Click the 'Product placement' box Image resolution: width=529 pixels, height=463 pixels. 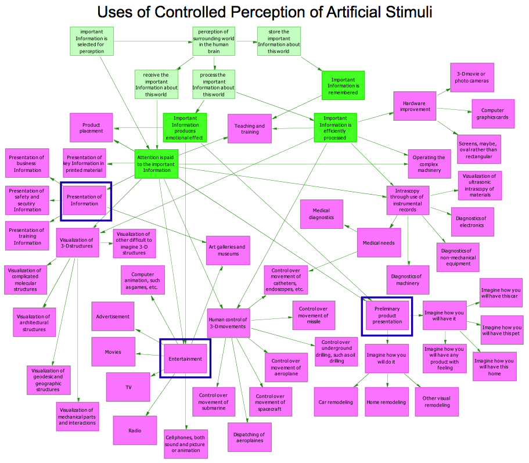point(91,128)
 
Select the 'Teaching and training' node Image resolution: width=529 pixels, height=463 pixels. point(250,128)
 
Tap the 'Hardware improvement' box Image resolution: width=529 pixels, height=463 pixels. point(415,106)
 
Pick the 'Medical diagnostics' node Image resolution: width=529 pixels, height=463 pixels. point(321,214)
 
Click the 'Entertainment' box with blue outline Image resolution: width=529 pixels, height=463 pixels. point(185,358)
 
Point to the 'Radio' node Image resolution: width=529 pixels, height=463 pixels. point(135,430)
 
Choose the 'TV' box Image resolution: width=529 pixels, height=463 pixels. point(129,387)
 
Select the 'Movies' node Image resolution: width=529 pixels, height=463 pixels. point(113,352)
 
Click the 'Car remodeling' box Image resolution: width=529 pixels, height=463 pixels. point(336,402)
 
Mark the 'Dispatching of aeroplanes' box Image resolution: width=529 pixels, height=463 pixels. point(249,437)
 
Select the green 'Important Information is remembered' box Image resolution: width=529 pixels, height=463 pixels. point(343,86)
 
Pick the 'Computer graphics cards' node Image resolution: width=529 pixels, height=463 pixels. point(492,113)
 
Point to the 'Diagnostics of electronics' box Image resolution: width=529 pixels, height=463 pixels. point(472,221)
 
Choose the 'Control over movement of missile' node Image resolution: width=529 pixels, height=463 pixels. point(314,315)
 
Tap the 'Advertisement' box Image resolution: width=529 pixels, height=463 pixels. point(113,317)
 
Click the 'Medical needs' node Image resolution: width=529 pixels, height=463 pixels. point(379,243)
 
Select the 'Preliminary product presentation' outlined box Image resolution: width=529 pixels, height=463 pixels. point(387,316)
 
